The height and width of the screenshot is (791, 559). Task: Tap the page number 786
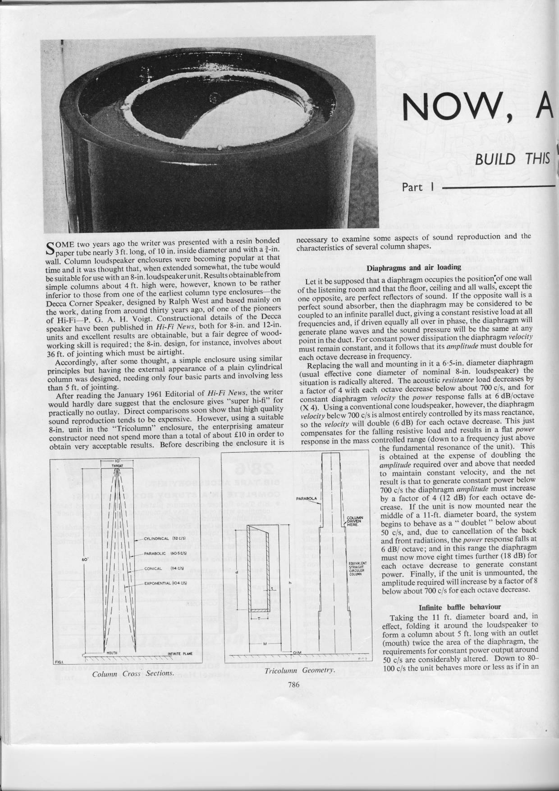[x=293, y=684]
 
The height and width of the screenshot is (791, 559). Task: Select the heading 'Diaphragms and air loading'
[x=414, y=268]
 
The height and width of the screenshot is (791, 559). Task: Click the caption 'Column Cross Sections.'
[x=133, y=673]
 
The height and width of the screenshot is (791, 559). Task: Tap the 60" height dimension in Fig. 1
[x=84, y=560]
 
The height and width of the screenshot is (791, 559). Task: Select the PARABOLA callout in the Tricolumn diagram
[x=304, y=499]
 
